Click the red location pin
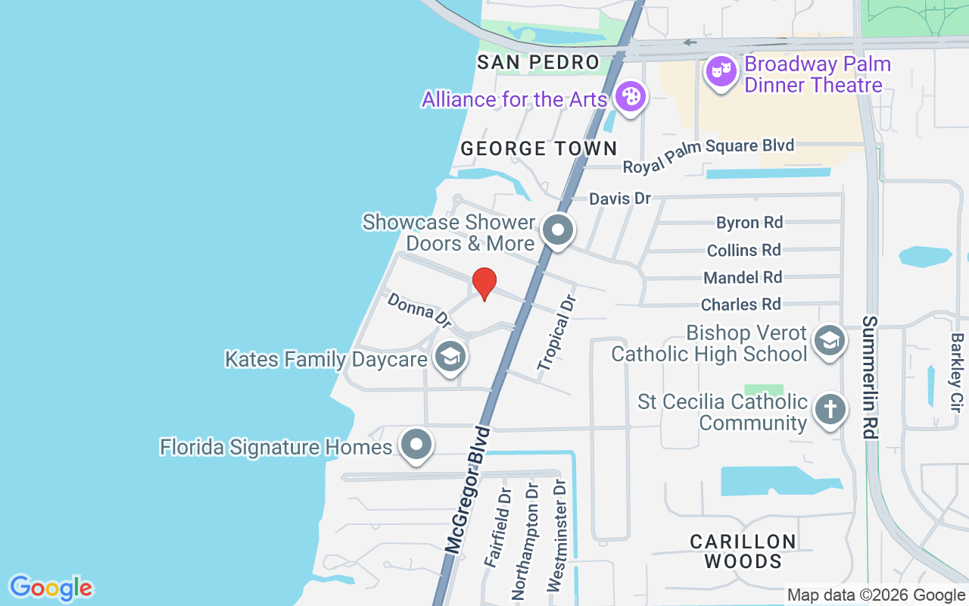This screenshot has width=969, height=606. tap(484, 283)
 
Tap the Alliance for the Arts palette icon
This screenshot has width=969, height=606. tap(630, 97)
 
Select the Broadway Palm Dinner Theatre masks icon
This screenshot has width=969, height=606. tap(721, 73)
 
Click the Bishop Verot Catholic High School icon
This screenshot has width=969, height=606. tap(830, 341)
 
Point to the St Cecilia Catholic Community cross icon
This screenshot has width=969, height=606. tap(830, 411)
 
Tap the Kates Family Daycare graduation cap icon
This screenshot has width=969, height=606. tap(450, 355)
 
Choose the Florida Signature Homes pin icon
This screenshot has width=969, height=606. tap(416, 445)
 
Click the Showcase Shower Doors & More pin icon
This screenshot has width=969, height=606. tap(559, 230)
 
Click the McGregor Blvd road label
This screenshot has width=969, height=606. tap(468, 492)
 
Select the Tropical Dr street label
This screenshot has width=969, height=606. tap(557, 333)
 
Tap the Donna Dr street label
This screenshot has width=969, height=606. tap(419, 311)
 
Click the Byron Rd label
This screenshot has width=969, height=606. tap(749, 223)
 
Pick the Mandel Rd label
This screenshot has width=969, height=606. tap(743, 278)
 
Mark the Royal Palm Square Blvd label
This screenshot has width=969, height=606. tap(708, 155)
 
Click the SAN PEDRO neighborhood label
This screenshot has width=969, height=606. tap(538, 62)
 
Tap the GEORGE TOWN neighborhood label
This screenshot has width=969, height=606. tap(539, 148)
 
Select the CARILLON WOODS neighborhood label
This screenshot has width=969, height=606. tap(743, 551)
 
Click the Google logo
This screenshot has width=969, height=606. tap(51, 588)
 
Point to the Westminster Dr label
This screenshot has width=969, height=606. tap(559, 536)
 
